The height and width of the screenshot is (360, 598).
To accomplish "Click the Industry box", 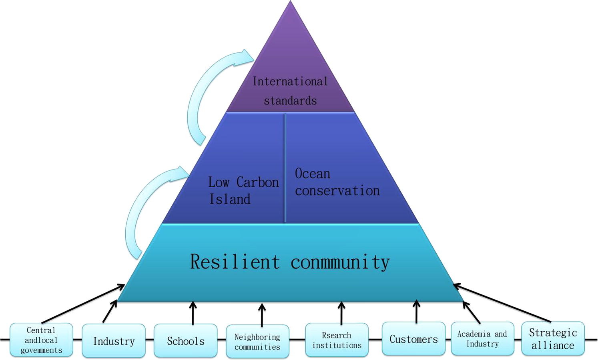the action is pyautogui.click(x=114, y=341).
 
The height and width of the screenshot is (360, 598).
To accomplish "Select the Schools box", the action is pyautogui.click(x=186, y=341).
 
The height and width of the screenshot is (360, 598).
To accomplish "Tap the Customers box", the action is pyautogui.click(x=413, y=339).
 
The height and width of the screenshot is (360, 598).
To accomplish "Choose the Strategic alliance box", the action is pyautogui.click(x=553, y=339).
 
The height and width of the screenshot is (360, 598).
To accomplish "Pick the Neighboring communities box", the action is pyautogui.click(x=257, y=342).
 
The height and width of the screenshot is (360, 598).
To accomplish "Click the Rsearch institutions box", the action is pyautogui.click(x=337, y=340).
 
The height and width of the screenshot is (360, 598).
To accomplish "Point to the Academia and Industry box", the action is pyautogui.click(x=482, y=339).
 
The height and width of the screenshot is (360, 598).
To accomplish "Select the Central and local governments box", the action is pyautogui.click(x=41, y=340).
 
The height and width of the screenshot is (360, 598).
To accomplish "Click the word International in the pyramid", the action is pyautogui.click(x=290, y=81).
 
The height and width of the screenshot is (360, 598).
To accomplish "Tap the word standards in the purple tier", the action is pyautogui.click(x=290, y=101).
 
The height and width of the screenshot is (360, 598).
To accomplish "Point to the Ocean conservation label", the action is pyautogui.click(x=337, y=182).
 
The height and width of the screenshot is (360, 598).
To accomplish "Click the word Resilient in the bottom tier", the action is pyautogui.click(x=235, y=262).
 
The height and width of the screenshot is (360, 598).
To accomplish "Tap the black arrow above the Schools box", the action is pyautogui.click(x=193, y=313).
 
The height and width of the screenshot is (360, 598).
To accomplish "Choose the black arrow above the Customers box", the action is pyautogui.click(x=416, y=312).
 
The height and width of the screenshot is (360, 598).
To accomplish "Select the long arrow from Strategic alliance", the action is pyautogui.click(x=502, y=303).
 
